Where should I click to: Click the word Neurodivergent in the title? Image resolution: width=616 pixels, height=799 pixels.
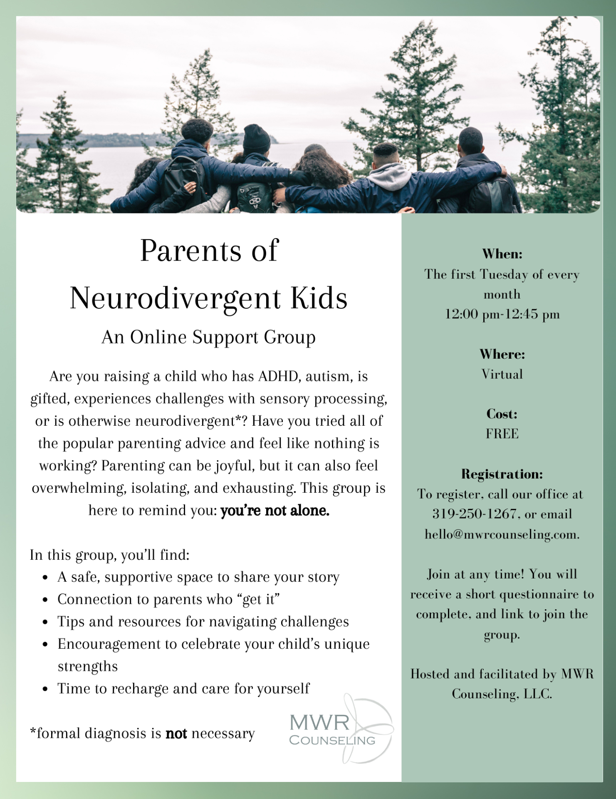[x=175, y=298]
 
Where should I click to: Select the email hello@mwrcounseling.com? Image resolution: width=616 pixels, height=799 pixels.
[x=501, y=534]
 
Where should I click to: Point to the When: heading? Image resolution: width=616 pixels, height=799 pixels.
[x=502, y=254]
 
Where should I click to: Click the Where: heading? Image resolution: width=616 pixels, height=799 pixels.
[x=502, y=354]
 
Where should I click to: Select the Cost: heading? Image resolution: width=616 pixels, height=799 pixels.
[x=502, y=414]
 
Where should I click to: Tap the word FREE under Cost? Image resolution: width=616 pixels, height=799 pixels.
[x=502, y=434]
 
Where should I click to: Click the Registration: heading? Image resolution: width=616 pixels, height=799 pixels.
[x=502, y=474]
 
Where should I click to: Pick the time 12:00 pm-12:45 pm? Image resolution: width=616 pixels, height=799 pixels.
[x=502, y=314]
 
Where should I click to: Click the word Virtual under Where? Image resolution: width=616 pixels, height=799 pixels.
[x=502, y=374]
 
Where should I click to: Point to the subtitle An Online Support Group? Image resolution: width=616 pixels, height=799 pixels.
[x=208, y=337]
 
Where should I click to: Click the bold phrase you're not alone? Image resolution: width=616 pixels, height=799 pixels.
[x=275, y=510]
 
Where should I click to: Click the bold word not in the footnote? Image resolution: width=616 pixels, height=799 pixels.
[x=176, y=733]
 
